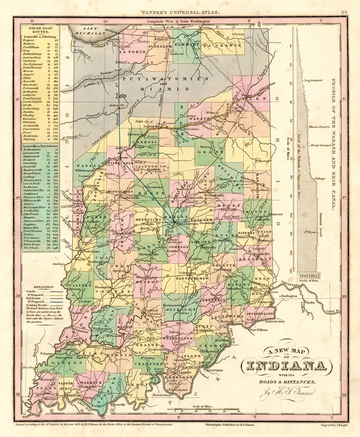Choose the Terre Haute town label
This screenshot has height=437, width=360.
click(x=90, y=251)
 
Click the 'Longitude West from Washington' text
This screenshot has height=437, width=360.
click(x=178, y=21)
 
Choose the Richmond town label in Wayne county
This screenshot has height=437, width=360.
click(x=275, y=214)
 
